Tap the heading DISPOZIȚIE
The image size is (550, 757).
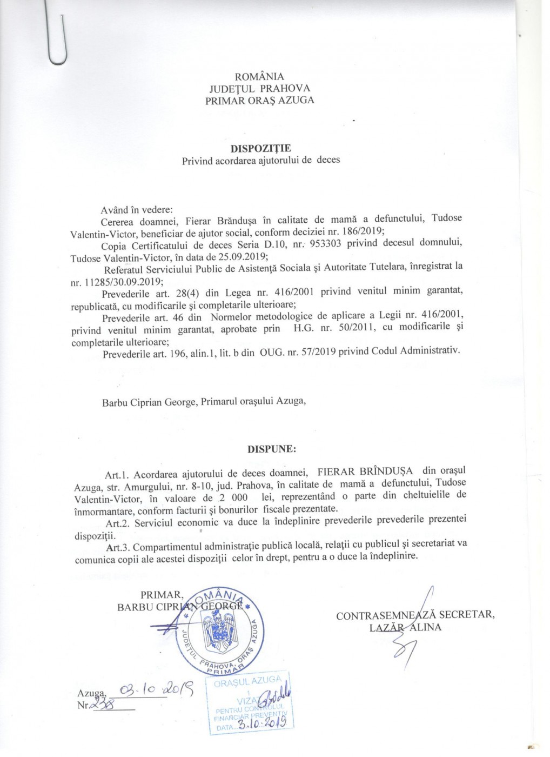click(260, 148)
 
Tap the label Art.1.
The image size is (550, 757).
click(117, 475)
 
